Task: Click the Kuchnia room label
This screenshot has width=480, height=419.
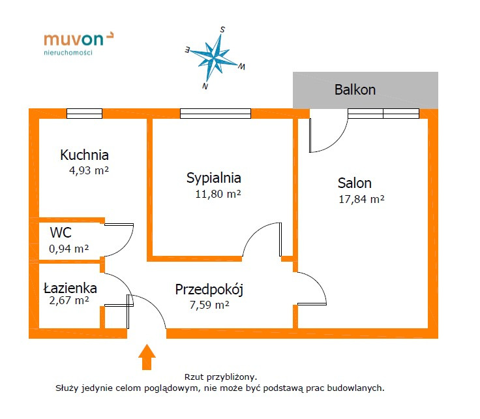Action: pos(84,155)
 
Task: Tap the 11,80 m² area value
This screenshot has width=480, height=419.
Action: pos(218,194)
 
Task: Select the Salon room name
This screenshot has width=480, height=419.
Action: pos(355,183)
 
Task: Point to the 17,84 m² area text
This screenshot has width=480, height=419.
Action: pos(361,200)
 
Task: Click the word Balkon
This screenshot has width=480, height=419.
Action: pos(355,90)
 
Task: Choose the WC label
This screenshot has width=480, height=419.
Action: pos(61,232)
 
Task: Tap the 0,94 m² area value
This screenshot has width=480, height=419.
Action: pos(69,249)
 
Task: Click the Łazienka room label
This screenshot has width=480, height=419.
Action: pos(70,288)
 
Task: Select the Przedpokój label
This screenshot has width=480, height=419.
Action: pos(209,290)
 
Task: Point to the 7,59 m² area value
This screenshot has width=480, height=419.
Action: pos(209,305)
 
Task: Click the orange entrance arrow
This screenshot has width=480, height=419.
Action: pos(147,357)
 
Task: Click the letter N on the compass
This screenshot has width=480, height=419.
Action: pos(205,86)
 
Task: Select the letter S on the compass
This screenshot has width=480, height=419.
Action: pos(222,30)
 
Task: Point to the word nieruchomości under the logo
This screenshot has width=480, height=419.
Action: pos(68,53)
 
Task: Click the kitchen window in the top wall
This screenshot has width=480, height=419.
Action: pos(85,114)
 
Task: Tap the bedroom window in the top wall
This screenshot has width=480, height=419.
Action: pos(215,114)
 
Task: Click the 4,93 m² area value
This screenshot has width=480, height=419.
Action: pos(89,170)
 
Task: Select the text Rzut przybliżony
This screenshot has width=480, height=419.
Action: pos(220,377)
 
